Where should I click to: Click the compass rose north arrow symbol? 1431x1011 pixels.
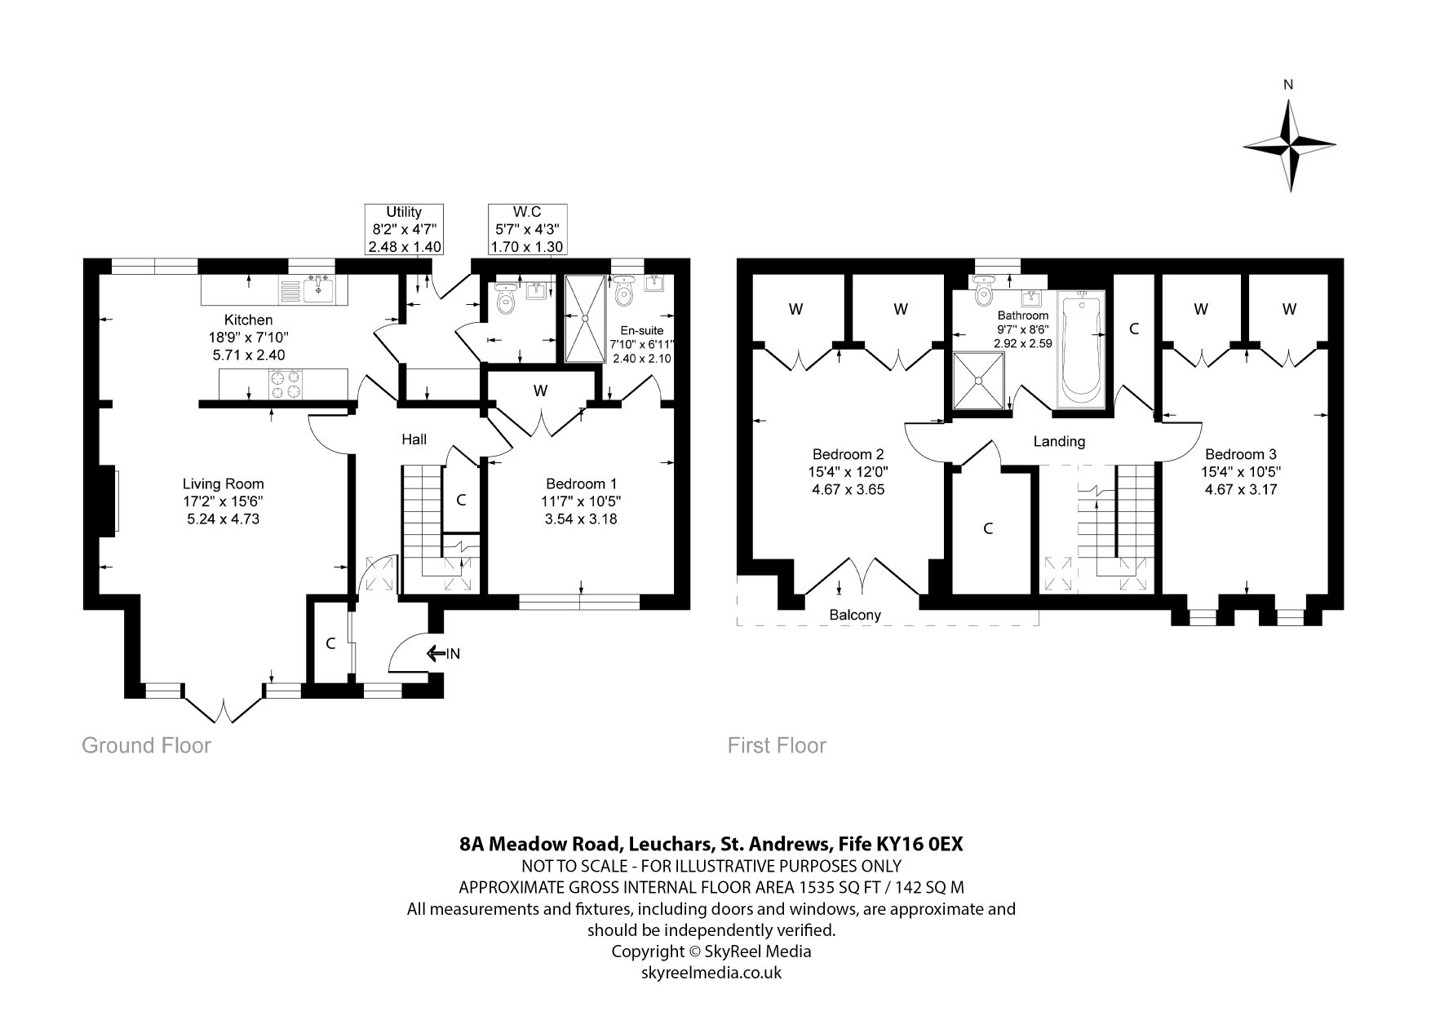(x=1290, y=146)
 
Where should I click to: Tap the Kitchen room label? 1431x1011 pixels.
(x=249, y=320)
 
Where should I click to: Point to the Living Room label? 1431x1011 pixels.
(x=223, y=483)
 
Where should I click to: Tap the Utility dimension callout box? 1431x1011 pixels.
(x=405, y=229)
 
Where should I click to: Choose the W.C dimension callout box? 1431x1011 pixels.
(x=527, y=229)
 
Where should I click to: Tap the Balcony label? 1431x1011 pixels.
(x=855, y=615)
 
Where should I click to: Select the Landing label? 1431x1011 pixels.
(x=1059, y=441)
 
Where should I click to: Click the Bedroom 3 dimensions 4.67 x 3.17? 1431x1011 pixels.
(x=1241, y=489)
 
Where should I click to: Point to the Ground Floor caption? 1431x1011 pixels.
(x=146, y=745)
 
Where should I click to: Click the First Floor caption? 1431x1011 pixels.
(x=777, y=745)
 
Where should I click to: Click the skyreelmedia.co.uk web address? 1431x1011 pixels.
(x=711, y=972)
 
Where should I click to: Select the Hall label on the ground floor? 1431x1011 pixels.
(x=414, y=439)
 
